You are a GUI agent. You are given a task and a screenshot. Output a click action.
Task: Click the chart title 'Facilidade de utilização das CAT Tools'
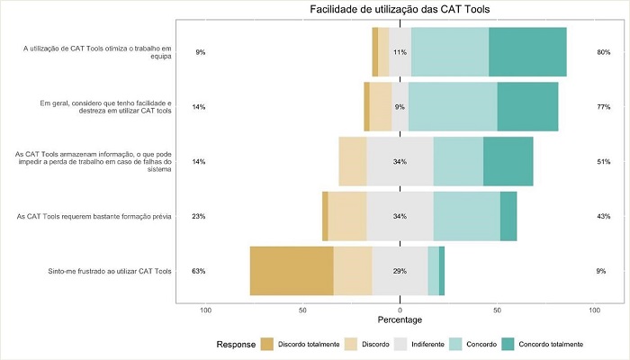click(400, 10)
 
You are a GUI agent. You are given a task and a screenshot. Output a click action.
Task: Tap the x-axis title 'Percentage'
click(400, 321)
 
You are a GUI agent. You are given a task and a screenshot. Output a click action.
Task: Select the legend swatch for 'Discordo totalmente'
click(266, 345)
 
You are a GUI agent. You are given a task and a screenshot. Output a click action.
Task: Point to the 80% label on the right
click(603, 52)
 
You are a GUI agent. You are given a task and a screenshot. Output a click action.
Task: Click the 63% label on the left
click(199, 270)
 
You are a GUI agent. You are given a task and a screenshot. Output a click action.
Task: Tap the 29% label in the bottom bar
click(400, 270)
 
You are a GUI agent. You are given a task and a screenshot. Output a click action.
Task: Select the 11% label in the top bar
click(400, 52)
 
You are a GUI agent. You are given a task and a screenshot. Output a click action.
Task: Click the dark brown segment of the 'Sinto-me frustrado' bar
click(292, 270)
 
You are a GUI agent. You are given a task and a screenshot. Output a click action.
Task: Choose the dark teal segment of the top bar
click(527, 52)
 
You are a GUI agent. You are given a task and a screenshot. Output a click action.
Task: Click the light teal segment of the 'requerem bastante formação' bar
click(466, 216)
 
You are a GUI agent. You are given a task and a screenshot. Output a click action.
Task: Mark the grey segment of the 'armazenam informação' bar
click(400, 161)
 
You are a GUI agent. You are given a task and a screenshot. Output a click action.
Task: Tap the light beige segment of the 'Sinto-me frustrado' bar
click(353, 270)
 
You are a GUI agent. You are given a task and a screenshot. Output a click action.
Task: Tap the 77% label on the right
click(603, 107)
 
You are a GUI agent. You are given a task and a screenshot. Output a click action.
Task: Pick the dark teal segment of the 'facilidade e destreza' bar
click(527, 107)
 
